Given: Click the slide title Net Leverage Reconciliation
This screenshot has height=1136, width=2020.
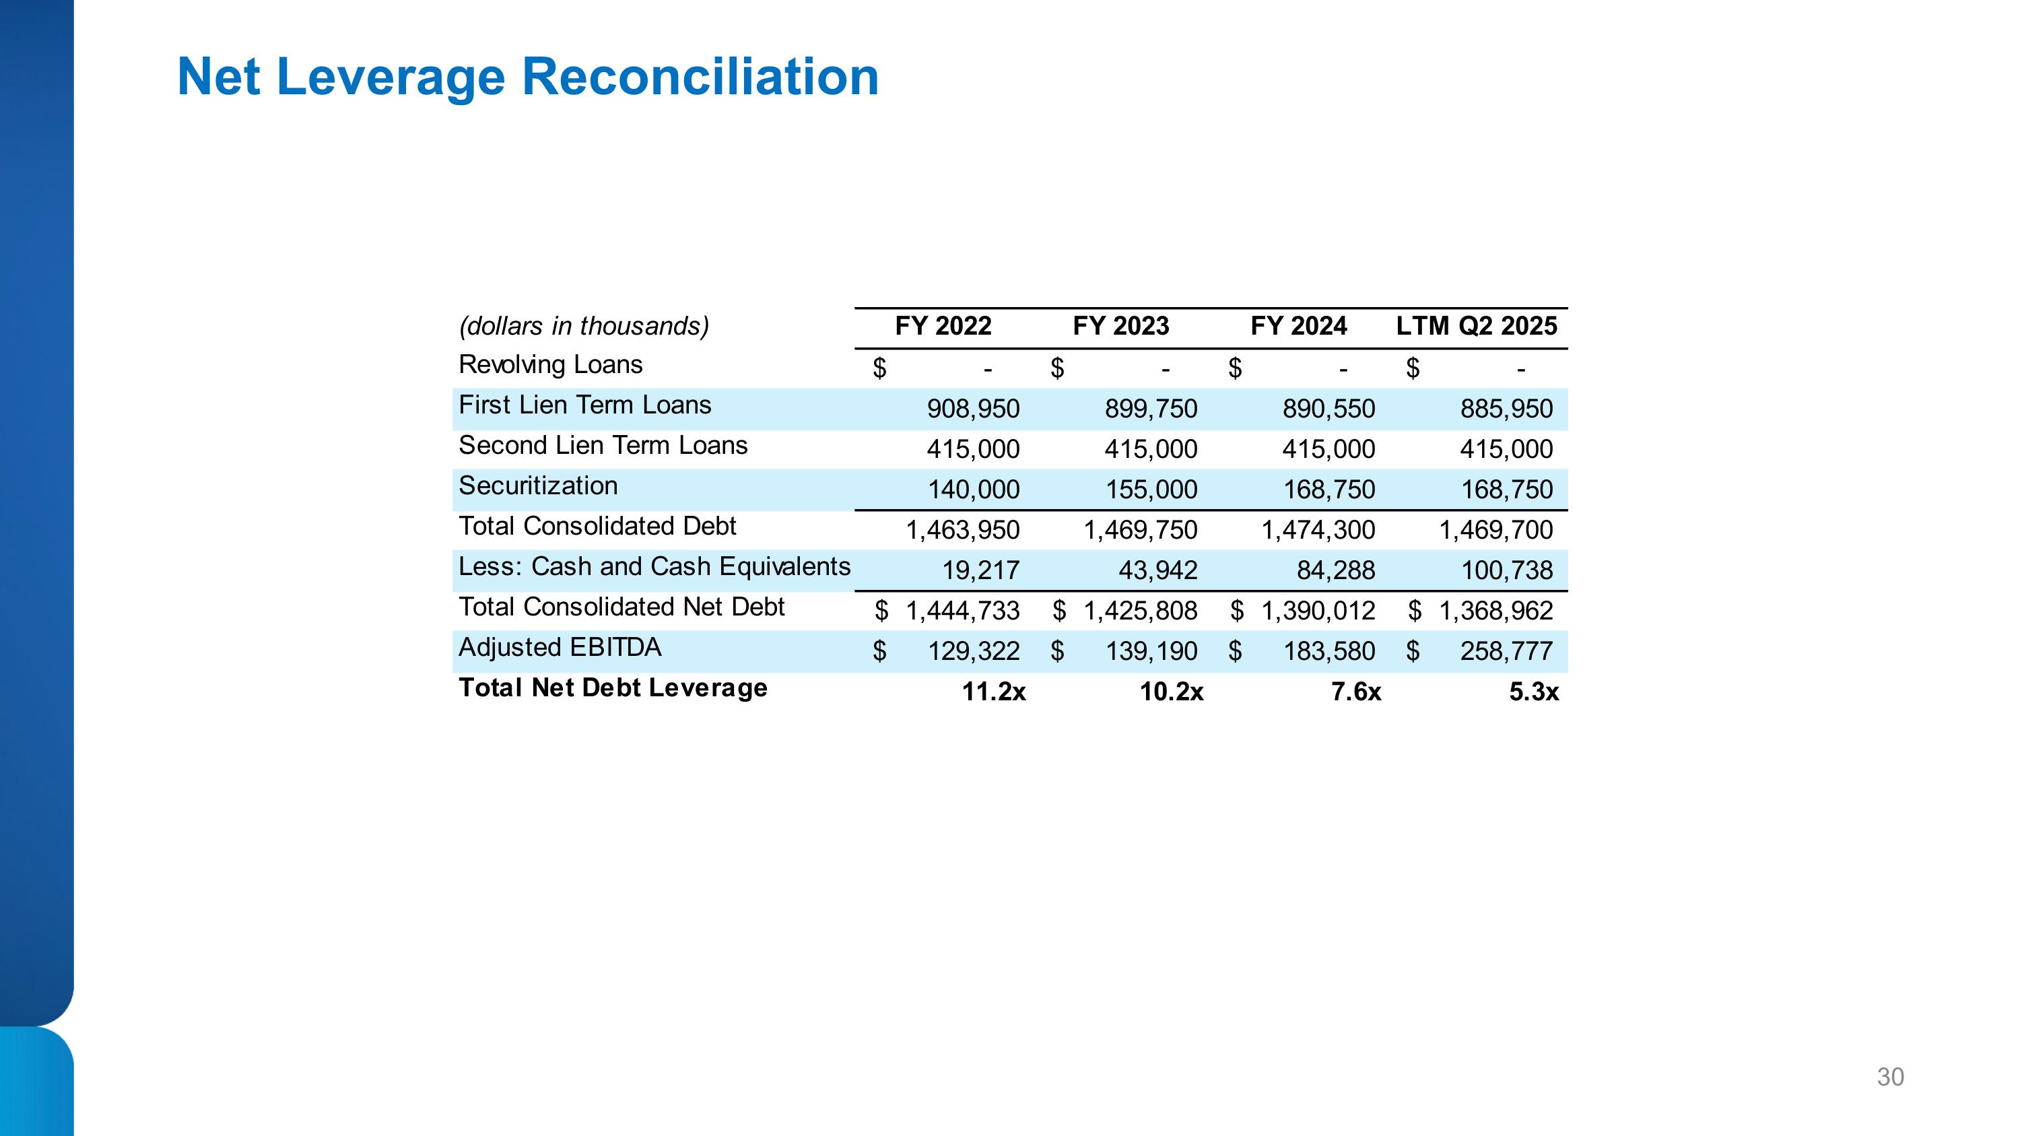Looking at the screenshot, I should (528, 77).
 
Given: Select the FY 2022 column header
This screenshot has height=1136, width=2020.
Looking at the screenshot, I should (943, 326).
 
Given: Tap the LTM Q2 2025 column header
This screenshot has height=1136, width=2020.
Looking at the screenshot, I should (1476, 326).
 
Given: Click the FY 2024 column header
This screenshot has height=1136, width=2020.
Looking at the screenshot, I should (1299, 326).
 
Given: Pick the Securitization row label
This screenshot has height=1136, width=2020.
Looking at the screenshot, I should (538, 486).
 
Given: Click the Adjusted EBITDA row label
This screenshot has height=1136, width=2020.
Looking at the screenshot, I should (560, 648).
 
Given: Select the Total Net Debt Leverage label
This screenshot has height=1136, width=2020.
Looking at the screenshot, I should (613, 688).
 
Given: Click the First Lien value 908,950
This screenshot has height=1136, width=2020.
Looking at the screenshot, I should (973, 409).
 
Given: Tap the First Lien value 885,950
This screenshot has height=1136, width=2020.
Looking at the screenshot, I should (1506, 409).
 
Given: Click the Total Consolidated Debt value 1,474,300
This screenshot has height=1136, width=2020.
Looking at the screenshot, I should (1318, 531).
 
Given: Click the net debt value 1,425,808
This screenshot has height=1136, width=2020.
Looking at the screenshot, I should (1140, 611).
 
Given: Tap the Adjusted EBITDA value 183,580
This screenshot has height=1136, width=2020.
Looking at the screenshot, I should (1328, 651).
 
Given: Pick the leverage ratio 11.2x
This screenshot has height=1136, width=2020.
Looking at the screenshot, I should (994, 692).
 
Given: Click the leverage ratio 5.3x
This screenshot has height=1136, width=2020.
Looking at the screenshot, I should (1533, 692).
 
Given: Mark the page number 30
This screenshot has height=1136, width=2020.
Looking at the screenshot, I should (1890, 1077).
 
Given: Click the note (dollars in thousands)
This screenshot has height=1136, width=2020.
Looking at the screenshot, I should (583, 326).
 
